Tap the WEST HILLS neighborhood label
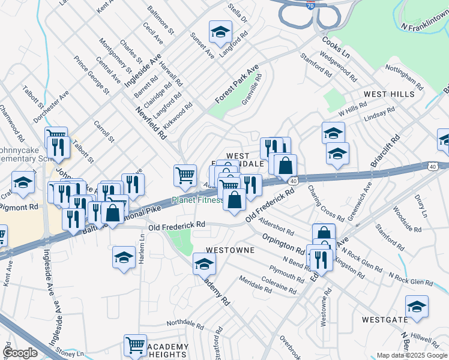[388, 95]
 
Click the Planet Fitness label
[197, 200]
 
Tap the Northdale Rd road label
[185, 323]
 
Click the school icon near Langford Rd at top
[220, 32]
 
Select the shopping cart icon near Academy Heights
[135, 346]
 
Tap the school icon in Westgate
[417, 307]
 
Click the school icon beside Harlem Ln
[123, 258]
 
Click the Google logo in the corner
[20, 353]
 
